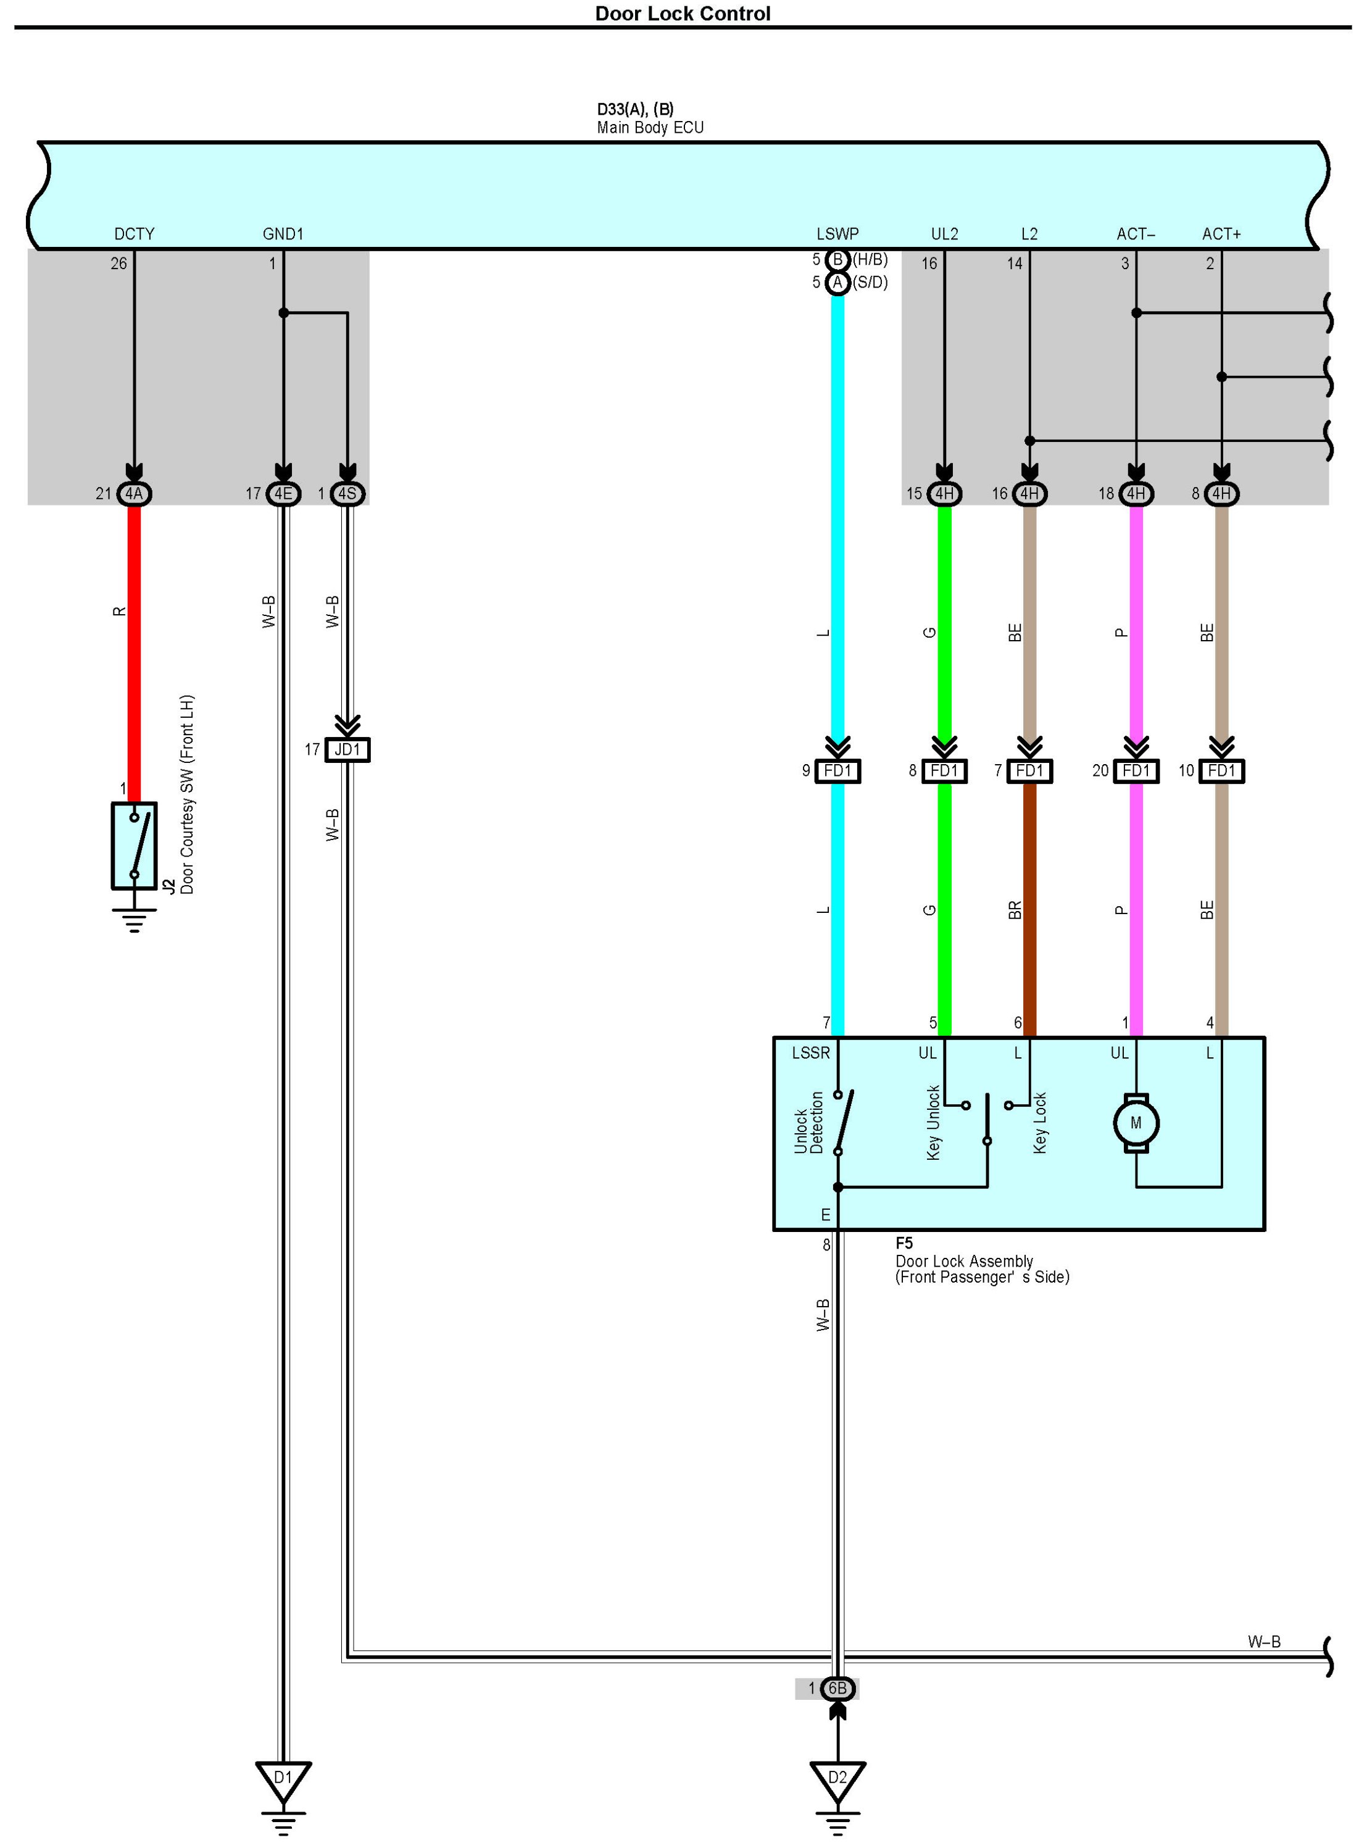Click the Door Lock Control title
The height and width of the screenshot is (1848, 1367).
point(683,14)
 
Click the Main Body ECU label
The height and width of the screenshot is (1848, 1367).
point(650,127)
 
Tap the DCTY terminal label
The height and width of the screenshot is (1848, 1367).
point(134,234)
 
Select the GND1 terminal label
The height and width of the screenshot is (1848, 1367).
point(283,234)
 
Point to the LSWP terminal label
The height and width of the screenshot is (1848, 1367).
point(837,234)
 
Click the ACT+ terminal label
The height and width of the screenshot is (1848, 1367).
point(1221,234)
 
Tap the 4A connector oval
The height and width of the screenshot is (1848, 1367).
point(134,494)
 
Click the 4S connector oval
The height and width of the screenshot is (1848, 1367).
point(347,494)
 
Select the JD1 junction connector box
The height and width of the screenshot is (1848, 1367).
point(347,750)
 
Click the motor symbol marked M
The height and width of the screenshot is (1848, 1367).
point(1136,1123)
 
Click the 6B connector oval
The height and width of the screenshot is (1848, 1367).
point(837,1688)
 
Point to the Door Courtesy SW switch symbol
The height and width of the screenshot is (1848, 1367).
point(134,846)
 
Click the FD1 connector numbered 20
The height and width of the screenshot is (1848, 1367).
point(1136,772)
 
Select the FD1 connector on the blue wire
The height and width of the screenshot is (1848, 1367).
point(837,772)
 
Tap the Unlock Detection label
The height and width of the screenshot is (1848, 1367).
point(808,1123)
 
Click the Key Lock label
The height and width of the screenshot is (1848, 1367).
point(1040,1123)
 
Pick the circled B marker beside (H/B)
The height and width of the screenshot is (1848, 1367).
point(837,260)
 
